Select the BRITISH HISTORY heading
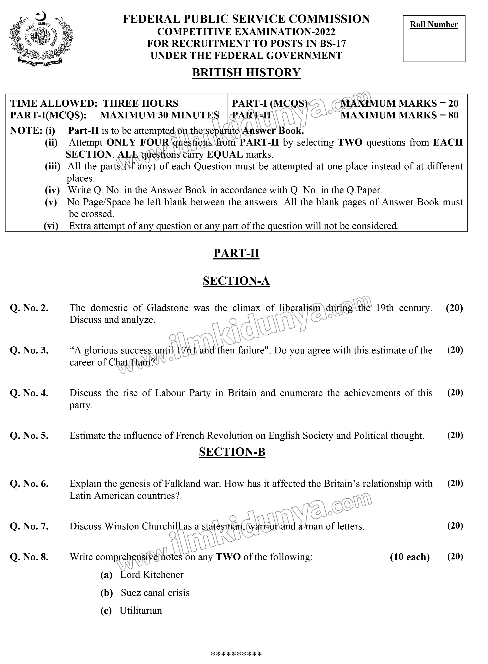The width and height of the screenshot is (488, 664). [246, 72]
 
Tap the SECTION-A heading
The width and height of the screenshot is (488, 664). [236, 281]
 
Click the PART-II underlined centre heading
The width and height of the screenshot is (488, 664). [236, 253]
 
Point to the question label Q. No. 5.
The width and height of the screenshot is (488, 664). [29, 436]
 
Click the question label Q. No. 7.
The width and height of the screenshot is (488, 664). [29, 526]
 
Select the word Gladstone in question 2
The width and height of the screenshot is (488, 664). [167, 308]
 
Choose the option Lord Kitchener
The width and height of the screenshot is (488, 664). [152, 575]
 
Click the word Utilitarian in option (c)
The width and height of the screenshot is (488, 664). [141, 610]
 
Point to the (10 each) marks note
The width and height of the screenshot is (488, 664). [409, 557]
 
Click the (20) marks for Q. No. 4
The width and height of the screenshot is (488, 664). [455, 393]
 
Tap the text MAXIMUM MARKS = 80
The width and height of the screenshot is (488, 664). [399, 115]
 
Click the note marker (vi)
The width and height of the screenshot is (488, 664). [51, 226]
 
